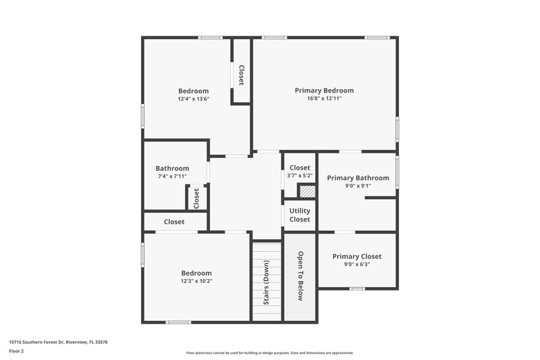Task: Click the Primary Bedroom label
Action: (x=324, y=91)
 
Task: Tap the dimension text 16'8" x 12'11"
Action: (x=324, y=99)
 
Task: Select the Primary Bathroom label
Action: (x=358, y=178)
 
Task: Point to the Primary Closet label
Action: (x=356, y=257)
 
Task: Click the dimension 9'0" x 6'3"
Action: (x=356, y=265)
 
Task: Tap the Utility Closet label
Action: (x=300, y=215)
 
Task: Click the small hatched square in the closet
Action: (x=307, y=191)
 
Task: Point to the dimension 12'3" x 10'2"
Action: (x=196, y=281)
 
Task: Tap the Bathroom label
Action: (x=172, y=168)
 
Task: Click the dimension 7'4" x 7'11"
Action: (x=172, y=176)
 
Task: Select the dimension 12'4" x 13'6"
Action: (x=194, y=99)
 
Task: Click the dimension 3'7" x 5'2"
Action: (x=300, y=176)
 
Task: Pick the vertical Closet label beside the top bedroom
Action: (x=241, y=74)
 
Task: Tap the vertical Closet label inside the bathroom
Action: (x=197, y=198)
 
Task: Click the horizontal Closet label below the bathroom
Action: (x=174, y=222)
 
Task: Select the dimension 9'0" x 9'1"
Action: (x=358, y=186)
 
